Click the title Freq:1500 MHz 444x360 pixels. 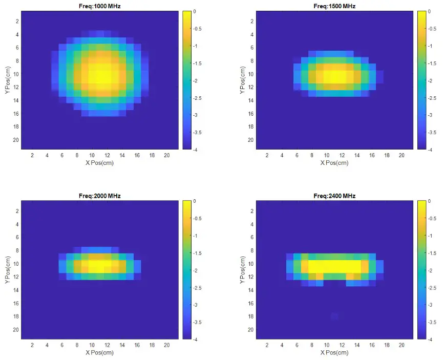click(334, 6)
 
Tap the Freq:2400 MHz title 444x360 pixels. click(334, 196)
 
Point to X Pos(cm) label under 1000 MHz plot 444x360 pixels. click(99, 163)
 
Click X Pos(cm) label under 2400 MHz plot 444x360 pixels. click(334, 353)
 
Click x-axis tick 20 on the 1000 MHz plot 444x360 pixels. click(166, 155)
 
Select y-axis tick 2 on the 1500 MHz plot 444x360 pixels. click(251, 21)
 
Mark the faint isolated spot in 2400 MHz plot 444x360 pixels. click(334, 316)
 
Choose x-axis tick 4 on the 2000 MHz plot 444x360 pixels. click(47, 345)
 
